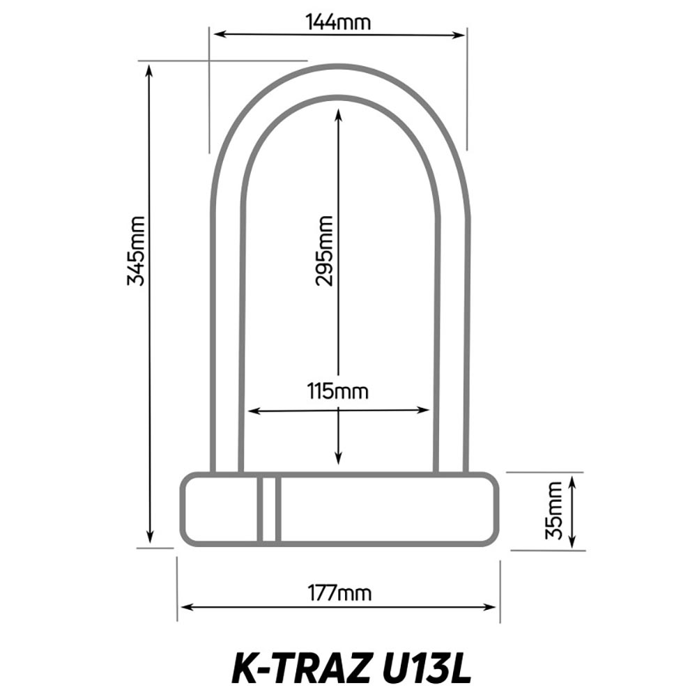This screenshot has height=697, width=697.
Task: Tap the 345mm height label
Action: (x=136, y=251)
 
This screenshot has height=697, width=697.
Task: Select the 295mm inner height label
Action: (x=324, y=251)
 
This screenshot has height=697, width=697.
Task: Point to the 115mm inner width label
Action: (x=338, y=392)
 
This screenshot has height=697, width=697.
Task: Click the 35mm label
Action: (x=554, y=510)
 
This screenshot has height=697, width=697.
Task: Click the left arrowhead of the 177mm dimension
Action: (x=185, y=607)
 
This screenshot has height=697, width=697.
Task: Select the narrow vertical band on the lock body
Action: (x=269, y=509)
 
